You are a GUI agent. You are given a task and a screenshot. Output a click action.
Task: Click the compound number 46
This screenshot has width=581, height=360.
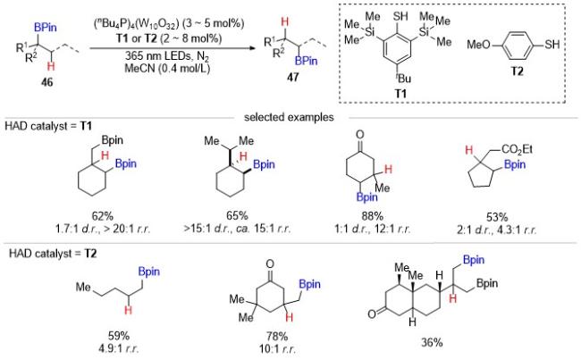point(47,81)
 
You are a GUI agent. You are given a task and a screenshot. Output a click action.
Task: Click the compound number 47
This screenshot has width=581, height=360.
point(292,77)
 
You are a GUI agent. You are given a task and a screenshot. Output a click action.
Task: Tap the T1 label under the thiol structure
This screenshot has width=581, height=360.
point(400,93)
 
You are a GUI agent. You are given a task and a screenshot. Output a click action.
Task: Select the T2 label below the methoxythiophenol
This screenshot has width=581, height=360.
point(517,71)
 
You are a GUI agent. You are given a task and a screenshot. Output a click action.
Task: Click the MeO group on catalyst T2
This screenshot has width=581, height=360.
point(478,45)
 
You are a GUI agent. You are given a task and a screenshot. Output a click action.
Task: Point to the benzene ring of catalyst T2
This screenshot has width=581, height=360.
point(518,45)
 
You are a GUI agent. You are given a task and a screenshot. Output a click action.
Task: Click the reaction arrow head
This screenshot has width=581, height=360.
point(254,48)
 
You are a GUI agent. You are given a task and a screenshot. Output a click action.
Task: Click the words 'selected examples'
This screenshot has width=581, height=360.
point(289,117)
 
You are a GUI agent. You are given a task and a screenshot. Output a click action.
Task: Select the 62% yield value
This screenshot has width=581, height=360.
point(103,215)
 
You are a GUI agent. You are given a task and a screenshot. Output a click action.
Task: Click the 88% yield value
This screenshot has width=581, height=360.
point(373,216)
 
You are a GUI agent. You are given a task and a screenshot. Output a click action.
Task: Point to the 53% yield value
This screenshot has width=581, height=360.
point(497,217)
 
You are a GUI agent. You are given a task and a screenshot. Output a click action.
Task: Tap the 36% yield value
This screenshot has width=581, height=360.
point(432,343)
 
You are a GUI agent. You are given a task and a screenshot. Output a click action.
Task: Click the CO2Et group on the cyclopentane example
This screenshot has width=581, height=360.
point(518,149)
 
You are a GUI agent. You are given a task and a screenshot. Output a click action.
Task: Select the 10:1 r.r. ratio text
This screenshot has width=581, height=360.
point(277,349)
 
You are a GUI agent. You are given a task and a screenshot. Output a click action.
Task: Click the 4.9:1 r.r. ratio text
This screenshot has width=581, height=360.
point(119,348)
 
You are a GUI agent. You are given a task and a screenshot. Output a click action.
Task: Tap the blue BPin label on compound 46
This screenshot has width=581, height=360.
point(46,28)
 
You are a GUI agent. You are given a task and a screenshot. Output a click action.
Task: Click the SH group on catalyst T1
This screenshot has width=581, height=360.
point(400,16)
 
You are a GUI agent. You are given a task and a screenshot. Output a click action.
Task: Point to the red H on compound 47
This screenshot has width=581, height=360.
point(284,22)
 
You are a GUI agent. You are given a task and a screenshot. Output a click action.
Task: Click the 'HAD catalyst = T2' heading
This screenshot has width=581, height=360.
point(53,254)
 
